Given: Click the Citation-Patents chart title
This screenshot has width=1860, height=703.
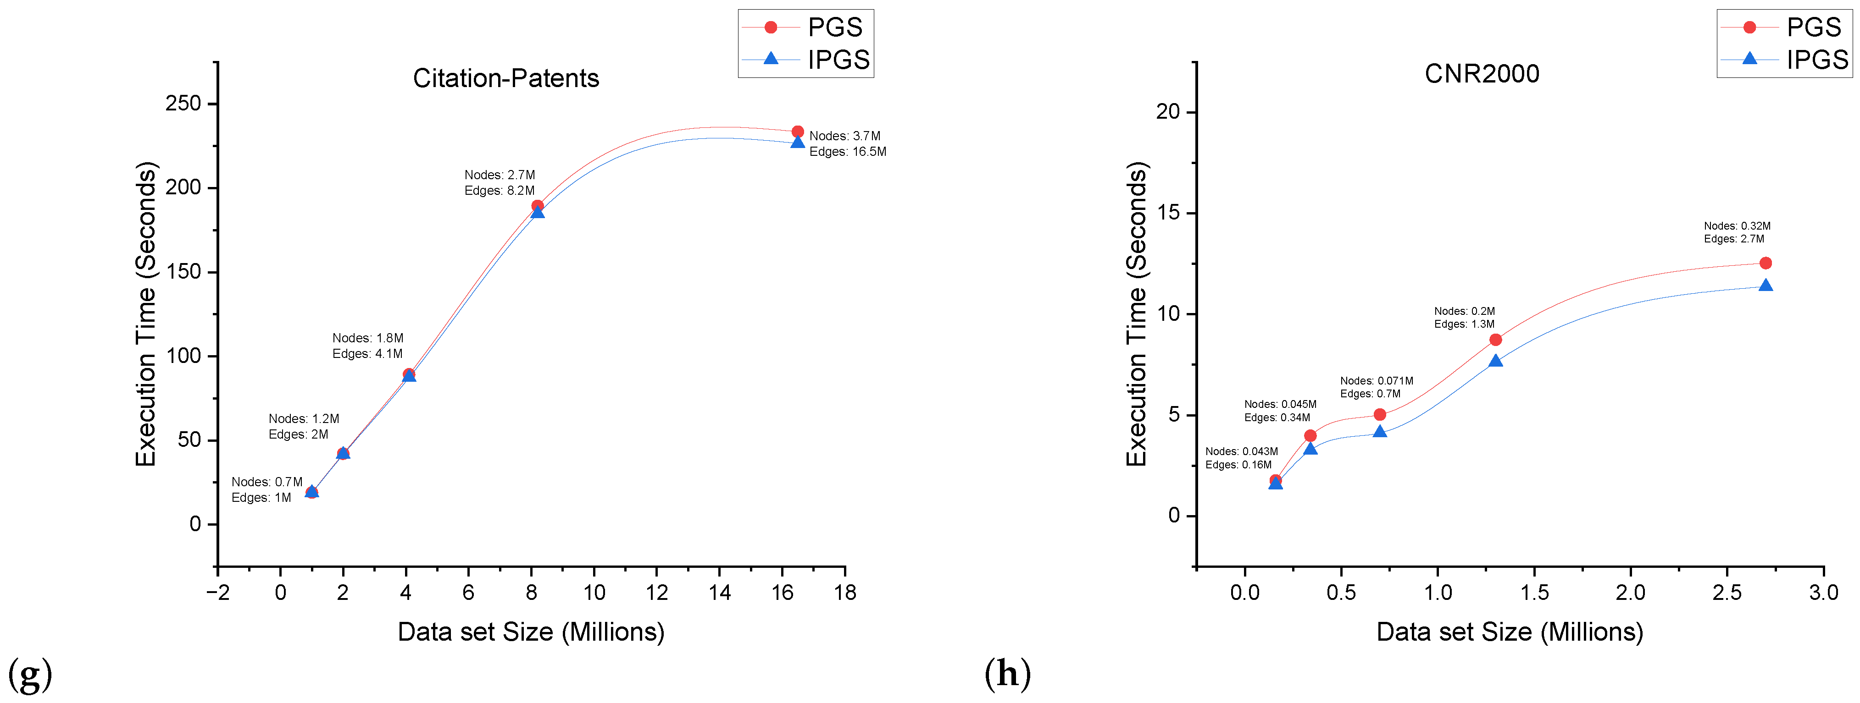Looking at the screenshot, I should click(x=505, y=78).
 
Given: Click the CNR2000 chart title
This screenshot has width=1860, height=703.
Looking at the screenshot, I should click(x=1481, y=74).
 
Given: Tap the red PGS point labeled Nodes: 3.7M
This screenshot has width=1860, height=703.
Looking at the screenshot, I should click(x=797, y=132).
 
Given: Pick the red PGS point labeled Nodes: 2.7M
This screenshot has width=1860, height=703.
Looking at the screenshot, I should click(x=537, y=206).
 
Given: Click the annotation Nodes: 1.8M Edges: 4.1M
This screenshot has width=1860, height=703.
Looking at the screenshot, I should click(x=367, y=346).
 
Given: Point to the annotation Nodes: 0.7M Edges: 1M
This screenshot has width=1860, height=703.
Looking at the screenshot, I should click(x=267, y=489).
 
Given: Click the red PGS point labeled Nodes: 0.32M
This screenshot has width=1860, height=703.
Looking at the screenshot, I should click(x=1765, y=263).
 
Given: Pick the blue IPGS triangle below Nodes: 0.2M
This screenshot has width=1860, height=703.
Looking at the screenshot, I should click(x=1494, y=361).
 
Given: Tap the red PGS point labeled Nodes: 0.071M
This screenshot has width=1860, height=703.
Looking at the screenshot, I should click(x=1379, y=414).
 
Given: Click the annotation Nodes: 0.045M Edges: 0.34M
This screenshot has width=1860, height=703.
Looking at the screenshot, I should click(x=1279, y=411).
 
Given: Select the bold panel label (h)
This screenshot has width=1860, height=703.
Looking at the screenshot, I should click(x=1007, y=674).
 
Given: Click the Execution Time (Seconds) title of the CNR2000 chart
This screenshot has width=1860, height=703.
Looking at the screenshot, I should click(x=1137, y=314).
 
